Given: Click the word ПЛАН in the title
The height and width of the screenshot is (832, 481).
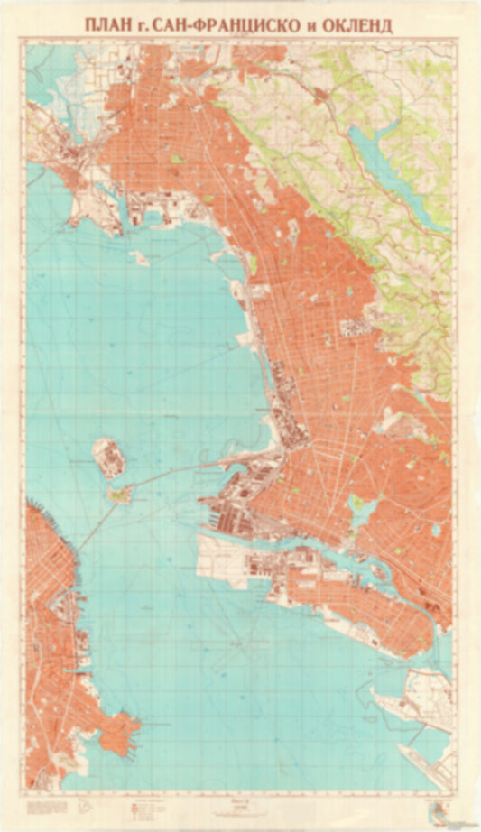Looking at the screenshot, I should tap(106, 25).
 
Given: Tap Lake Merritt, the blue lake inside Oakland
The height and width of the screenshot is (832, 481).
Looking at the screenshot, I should tap(360, 511).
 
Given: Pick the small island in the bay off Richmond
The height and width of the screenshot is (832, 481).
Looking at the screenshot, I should tap(138, 257).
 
